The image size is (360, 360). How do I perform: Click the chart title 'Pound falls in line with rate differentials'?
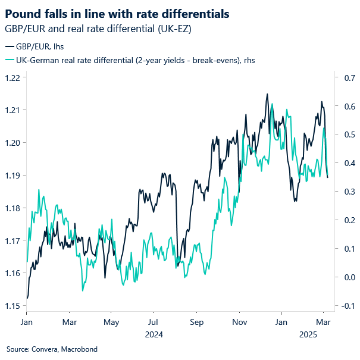117,12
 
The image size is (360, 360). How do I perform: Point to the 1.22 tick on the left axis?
12,77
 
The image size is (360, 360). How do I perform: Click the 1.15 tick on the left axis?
12,306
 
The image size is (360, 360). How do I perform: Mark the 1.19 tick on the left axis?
12,176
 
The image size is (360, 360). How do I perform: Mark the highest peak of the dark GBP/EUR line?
267,94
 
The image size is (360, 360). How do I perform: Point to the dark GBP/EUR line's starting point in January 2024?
27,298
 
